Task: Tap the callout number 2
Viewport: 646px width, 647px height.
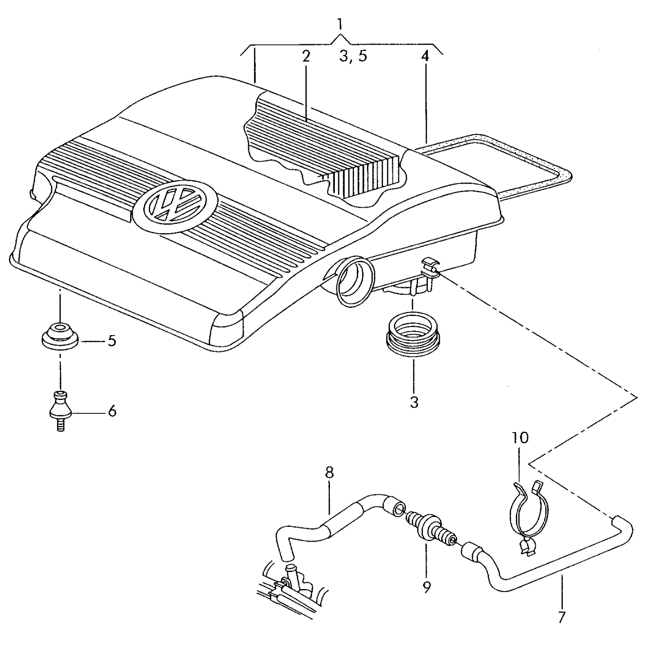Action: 305,56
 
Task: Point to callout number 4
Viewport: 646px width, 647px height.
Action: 425,56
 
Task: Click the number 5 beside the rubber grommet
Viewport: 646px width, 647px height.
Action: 111,341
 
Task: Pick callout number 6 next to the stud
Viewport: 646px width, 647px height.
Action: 112,411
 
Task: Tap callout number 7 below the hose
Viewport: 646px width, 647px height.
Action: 562,618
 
